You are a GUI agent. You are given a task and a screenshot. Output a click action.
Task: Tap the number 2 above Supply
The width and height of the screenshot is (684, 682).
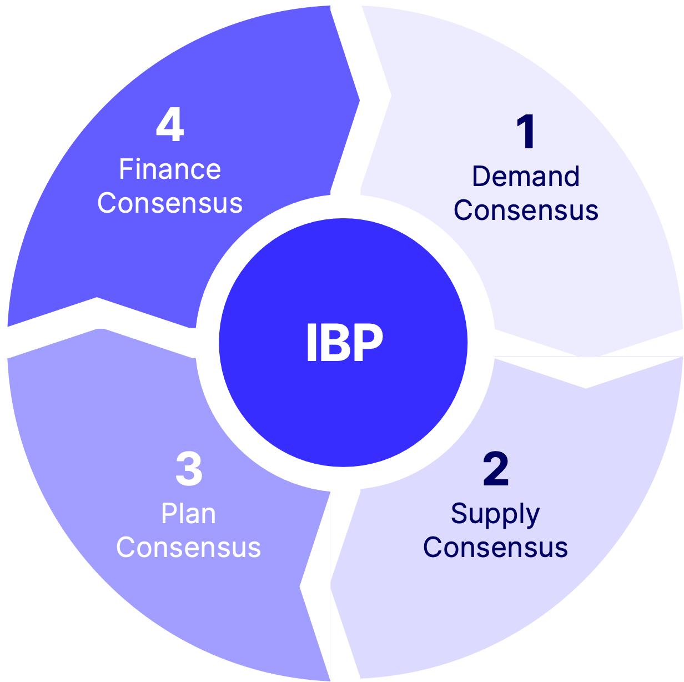point(496,469)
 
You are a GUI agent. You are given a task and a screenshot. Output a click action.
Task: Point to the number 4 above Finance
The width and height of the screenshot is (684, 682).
point(170,126)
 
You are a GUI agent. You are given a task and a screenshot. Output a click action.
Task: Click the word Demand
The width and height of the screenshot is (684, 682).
point(526,177)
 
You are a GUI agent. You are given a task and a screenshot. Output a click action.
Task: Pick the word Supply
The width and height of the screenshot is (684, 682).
point(495,514)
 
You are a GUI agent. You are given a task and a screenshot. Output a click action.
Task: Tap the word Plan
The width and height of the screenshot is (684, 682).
point(189,514)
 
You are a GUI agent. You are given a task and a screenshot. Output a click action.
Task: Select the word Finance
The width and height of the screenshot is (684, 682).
point(170,169)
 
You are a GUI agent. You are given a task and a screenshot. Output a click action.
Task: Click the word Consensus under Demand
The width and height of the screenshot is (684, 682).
point(526,210)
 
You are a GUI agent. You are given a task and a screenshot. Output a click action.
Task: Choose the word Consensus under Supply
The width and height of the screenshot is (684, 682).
point(495,548)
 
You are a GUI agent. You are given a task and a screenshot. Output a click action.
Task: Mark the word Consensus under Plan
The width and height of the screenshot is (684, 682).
point(189,548)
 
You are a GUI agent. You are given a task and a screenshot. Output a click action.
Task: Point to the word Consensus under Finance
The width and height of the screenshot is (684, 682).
point(170,203)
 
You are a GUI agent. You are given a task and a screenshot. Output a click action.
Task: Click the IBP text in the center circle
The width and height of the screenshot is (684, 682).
point(344,343)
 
